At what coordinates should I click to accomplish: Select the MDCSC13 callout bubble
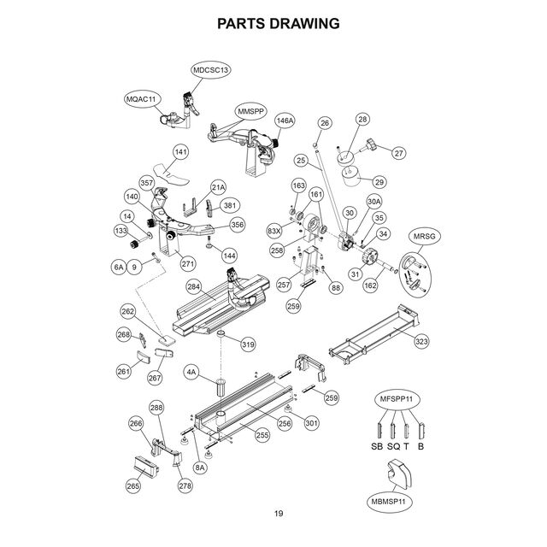click(211, 69)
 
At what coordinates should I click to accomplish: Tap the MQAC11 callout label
click(143, 100)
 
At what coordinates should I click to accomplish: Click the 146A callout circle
click(284, 122)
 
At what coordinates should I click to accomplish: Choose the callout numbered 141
click(180, 152)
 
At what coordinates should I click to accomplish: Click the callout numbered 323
click(421, 342)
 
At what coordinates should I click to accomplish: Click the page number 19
click(279, 513)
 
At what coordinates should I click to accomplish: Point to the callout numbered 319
click(248, 344)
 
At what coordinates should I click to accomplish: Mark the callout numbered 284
click(195, 288)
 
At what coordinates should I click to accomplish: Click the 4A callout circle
click(192, 373)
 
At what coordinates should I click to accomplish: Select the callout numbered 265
click(133, 486)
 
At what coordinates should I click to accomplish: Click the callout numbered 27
click(398, 153)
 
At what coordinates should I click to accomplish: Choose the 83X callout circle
click(274, 231)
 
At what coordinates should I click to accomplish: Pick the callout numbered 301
click(311, 421)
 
